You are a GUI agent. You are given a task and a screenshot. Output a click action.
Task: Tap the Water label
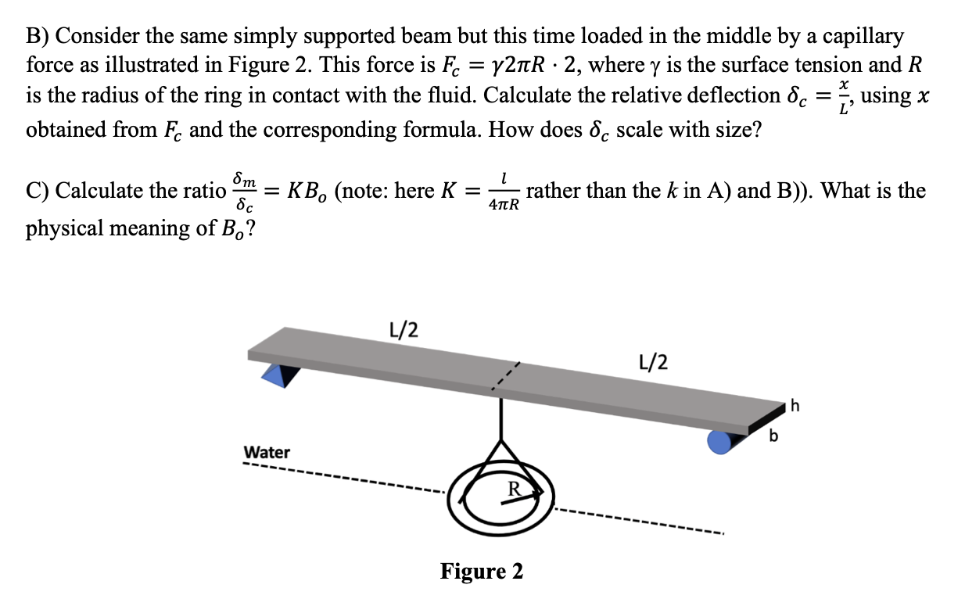pyautogui.click(x=267, y=452)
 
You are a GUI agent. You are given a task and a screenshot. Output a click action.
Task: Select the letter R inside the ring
pyautogui.click(x=514, y=489)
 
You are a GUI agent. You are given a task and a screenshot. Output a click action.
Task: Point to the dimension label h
pyautogui.click(x=795, y=405)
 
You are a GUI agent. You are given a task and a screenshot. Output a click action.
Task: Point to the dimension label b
pyautogui.click(x=773, y=436)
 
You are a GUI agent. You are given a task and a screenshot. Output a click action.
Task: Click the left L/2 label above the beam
pyautogui.click(x=403, y=329)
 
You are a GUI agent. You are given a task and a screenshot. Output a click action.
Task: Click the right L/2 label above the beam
pyautogui.click(x=653, y=361)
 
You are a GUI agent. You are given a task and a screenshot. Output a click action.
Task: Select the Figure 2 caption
pyautogui.click(x=482, y=571)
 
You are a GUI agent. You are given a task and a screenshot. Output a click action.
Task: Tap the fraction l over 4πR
pyautogui.click(x=504, y=192)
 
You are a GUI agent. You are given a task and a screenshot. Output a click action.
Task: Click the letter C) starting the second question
pyautogui.click(x=38, y=191)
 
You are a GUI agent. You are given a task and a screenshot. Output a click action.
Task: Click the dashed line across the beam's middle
pyautogui.click(x=504, y=376)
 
